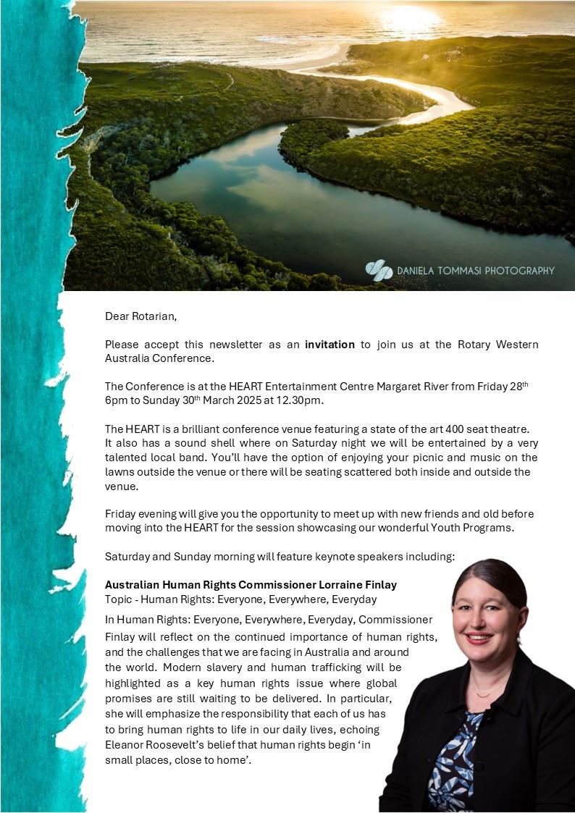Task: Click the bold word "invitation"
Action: tap(330, 345)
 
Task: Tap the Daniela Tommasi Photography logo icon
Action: tap(379, 270)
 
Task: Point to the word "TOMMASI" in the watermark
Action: tap(449, 271)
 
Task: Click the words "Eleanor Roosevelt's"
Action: tap(154, 746)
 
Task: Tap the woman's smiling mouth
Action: tap(479, 638)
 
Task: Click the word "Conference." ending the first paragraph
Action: tap(188, 358)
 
